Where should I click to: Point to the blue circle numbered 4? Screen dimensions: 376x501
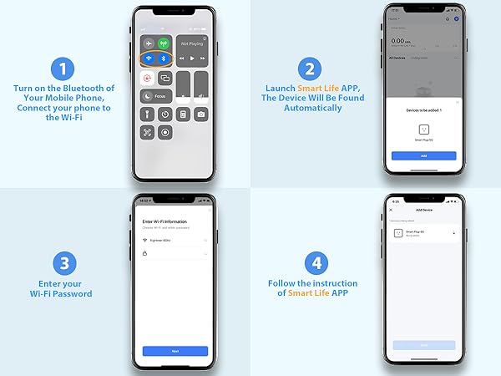[x=312, y=264]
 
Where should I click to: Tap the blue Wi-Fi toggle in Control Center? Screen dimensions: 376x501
[x=149, y=59]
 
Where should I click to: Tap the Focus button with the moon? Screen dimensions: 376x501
[x=156, y=96]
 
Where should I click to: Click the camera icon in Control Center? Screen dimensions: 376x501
[x=202, y=114]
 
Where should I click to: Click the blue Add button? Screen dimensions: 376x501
[x=423, y=155]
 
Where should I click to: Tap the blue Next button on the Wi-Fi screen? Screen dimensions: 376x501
[x=175, y=351]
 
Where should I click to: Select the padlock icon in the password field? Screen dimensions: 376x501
[x=147, y=252]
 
